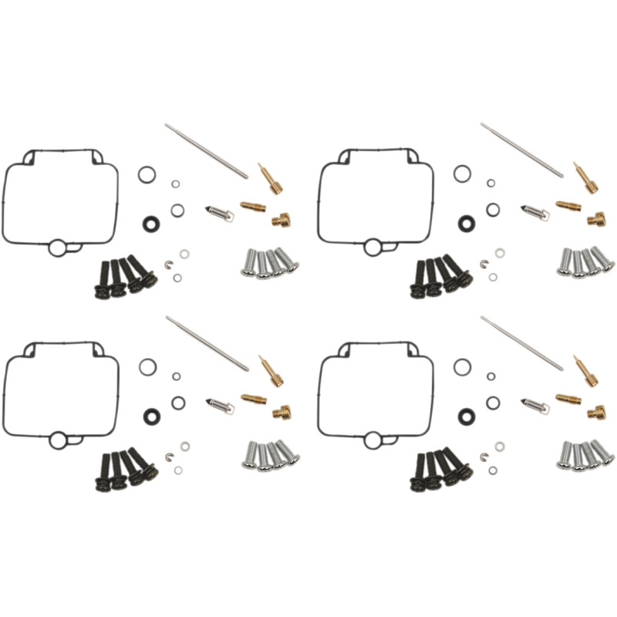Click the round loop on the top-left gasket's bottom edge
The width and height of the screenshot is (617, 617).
[58, 248]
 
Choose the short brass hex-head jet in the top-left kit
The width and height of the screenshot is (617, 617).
[281, 221]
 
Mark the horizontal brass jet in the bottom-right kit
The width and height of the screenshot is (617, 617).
[568, 399]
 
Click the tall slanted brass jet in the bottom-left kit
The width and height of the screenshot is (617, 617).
[271, 371]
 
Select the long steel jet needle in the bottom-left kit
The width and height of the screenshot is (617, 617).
[207, 342]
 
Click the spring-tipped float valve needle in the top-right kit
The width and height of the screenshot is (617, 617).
[533, 211]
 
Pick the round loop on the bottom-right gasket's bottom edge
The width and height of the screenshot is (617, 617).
[373, 440]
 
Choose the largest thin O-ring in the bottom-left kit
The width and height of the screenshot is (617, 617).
[147, 367]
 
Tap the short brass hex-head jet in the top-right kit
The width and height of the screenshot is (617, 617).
[596, 220]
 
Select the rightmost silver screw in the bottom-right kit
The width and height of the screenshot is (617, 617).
[604, 452]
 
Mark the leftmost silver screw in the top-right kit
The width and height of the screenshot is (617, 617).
[565, 263]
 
